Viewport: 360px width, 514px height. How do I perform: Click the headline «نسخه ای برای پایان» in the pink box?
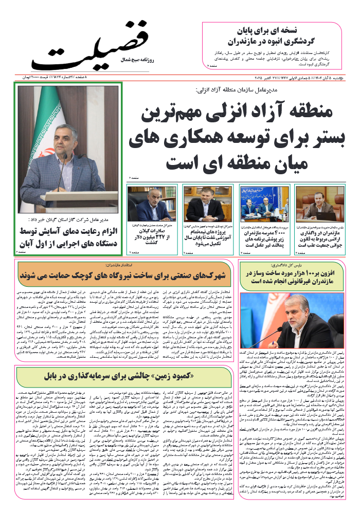(273, 29)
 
